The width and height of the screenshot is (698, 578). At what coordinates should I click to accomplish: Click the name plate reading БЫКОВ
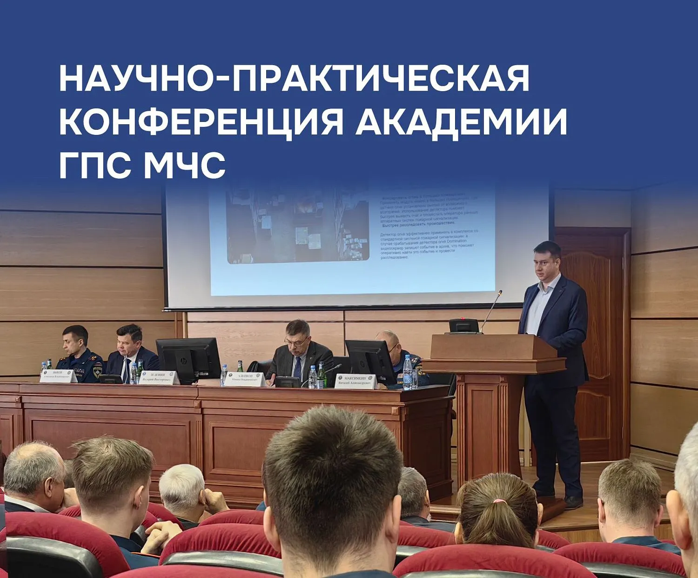pyautogui.click(x=58, y=376)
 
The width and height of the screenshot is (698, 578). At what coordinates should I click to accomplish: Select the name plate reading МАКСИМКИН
pyautogui.click(x=356, y=381)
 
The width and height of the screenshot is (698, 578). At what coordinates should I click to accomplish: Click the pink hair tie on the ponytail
pyautogui.click(x=499, y=502)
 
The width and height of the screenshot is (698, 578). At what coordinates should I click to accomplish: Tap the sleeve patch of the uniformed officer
pyautogui.click(x=97, y=371)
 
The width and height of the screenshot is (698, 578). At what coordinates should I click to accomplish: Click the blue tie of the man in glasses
pyautogui.click(x=297, y=367)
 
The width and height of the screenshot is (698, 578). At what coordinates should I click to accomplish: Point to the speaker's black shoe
pyautogui.click(x=573, y=502)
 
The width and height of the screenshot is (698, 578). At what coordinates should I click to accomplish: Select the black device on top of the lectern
pyautogui.click(x=463, y=325)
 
